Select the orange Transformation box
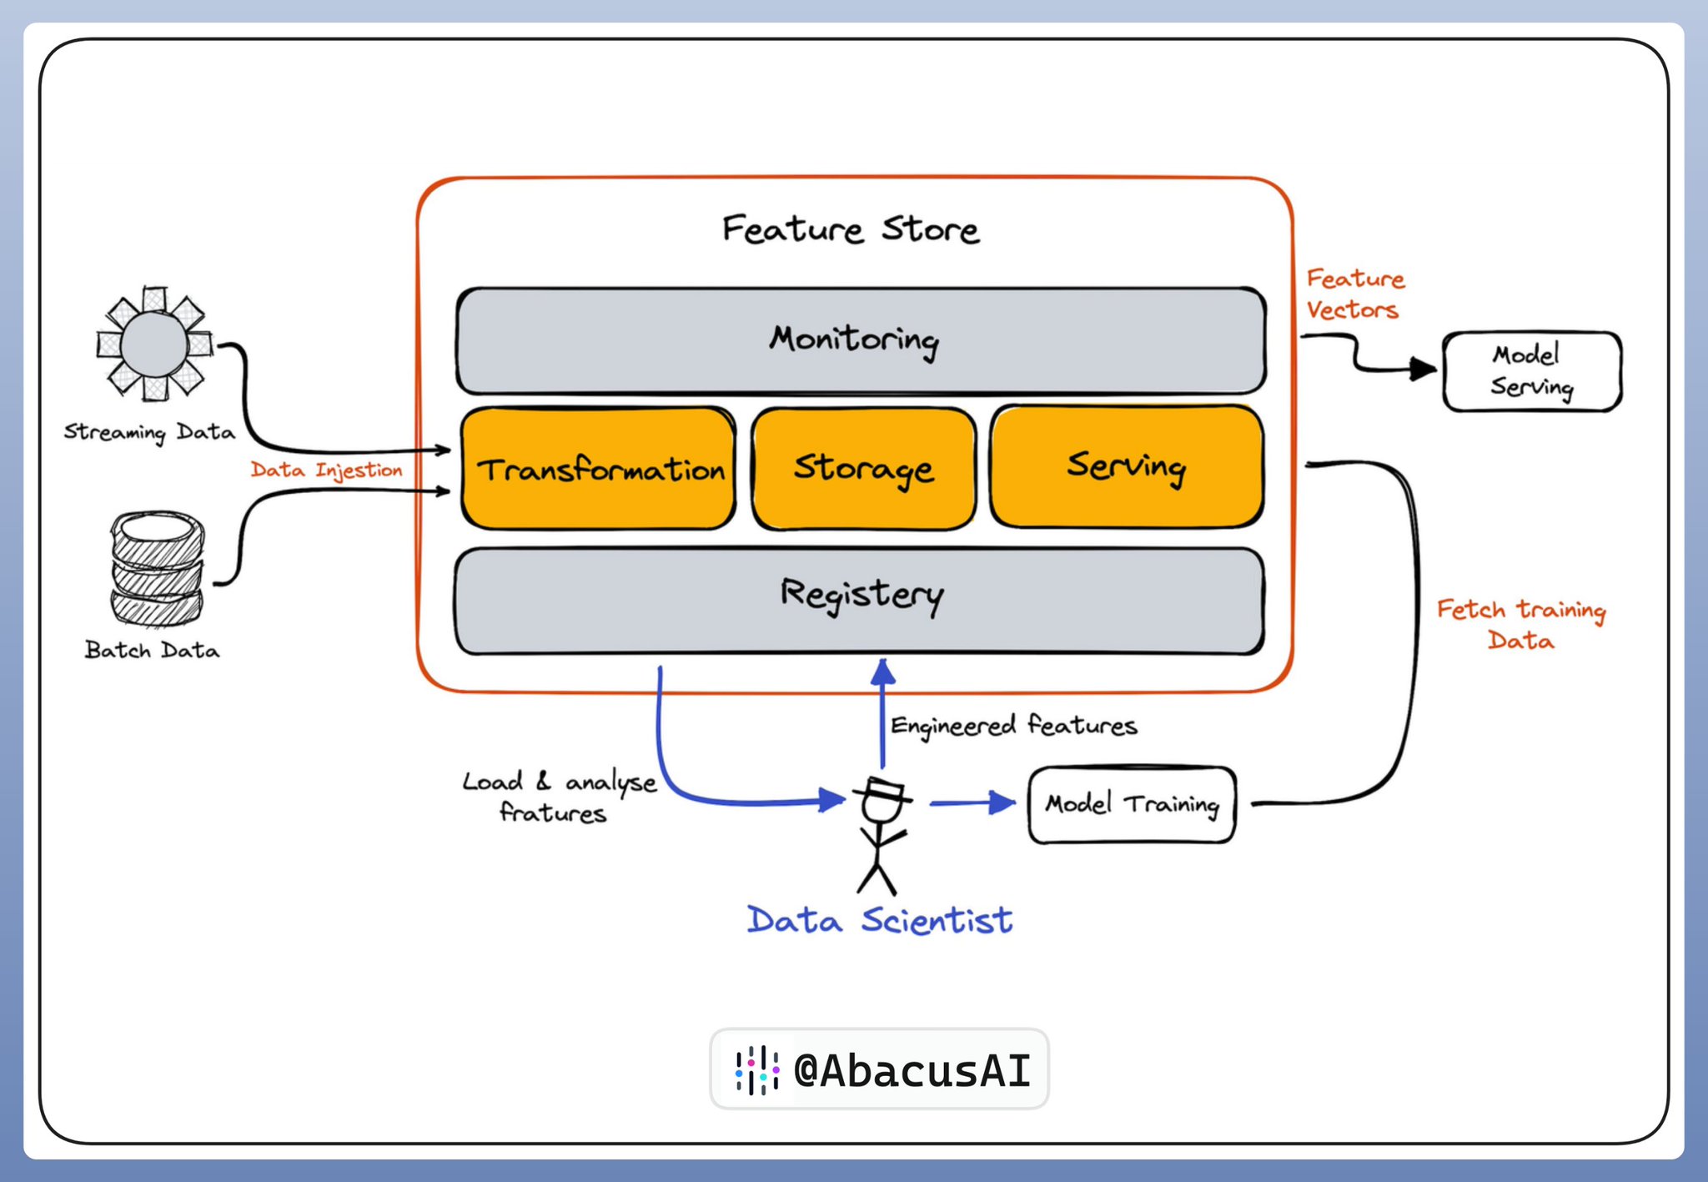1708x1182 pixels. (x=599, y=469)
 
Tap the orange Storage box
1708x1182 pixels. (x=863, y=469)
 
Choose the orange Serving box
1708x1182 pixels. (x=1126, y=467)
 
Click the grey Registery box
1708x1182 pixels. (x=859, y=599)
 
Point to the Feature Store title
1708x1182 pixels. (x=851, y=229)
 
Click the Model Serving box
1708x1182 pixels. (x=1531, y=371)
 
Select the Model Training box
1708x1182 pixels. (x=1132, y=804)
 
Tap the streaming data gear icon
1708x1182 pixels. (x=154, y=344)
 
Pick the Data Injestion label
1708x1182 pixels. (x=326, y=470)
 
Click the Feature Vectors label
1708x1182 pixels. (x=1354, y=294)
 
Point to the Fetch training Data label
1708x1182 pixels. (x=1520, y=624)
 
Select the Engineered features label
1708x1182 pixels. (x=1013, y=726)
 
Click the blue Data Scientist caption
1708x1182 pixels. (x=879, y=920)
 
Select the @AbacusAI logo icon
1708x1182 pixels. (x=756, y=1069)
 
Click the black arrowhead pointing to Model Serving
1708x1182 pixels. (x=1422, y=369)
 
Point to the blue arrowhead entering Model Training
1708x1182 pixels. (x=1002, y=802)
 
